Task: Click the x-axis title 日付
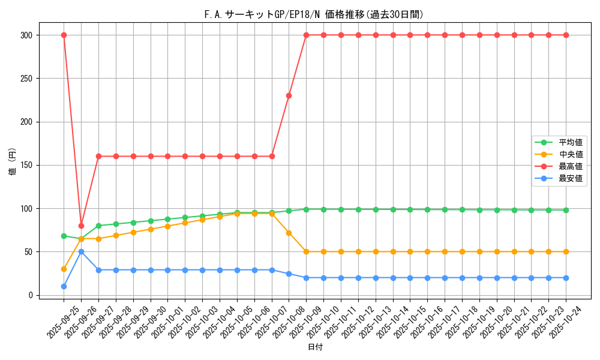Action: (315, 347)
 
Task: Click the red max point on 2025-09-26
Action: (81, 226)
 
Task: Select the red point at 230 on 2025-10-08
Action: (289, 95)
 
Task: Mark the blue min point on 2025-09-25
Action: (64, 286)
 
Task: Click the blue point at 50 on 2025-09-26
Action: (81, 251)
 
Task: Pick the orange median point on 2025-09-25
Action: (64, 269)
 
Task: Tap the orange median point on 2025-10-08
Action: (289, 233)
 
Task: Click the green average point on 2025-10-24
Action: (566, 210)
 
